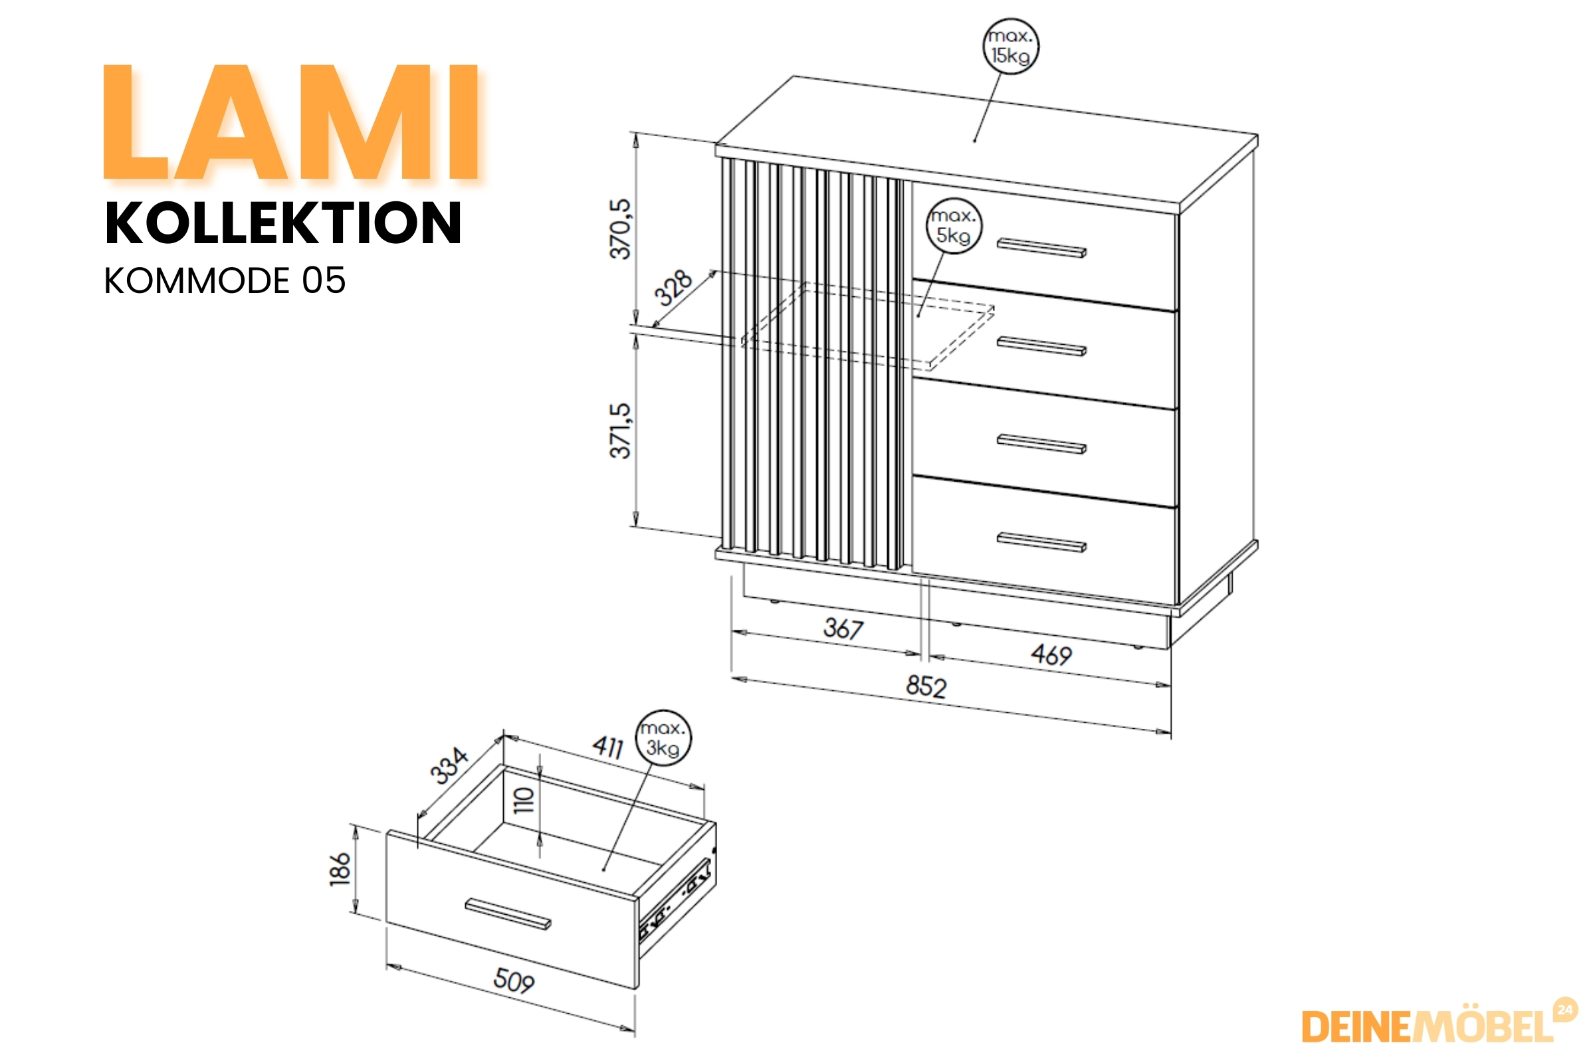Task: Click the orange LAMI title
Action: pyautogui.click(x=292, y=122)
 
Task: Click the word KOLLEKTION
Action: pyautogui.click(x=284, y=223)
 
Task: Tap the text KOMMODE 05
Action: pyautogui.click(x=225, y=280)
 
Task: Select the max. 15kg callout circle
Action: pyautogui.click(x=1010, y=46)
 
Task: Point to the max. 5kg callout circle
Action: pyautogui.click(x=954, y=226)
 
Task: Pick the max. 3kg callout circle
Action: pyautogui.click(x=663, y=738)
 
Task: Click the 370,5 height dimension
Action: pyautogui.click(x=621, y=229)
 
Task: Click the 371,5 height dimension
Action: pyautogui.click(x=621, y=431)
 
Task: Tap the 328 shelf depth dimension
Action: pyautogui.click(x=673, y=288)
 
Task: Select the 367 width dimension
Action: pyautogui.click(x=843, y=628)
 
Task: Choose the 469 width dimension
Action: pyautogui.click(x=1051, y=655)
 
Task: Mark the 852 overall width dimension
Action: pyautogui.click(x=926, y=688)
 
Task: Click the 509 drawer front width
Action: pyautogui.click(x=514, y=981)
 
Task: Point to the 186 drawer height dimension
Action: pyautogui.click(x=340, y=869)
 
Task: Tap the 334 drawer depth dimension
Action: pyautogui.click(x=449, y=766)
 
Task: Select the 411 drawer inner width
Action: pyautogui.click(x=608, y=747)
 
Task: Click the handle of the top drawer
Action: pyautogui.click(x=1041, y=247)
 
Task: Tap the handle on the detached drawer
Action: pyautogui.click(x=508, y=915)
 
